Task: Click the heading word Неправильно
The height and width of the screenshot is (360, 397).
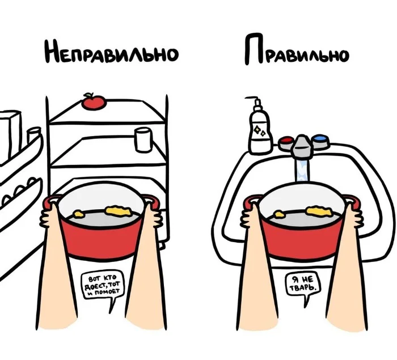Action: [112, 52]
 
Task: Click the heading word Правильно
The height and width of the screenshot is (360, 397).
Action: [297, 50]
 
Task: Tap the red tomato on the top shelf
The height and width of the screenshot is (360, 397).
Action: [94, 101]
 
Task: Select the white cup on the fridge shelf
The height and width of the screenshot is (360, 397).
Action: [143, 139]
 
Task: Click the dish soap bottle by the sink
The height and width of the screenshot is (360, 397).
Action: [260, 130]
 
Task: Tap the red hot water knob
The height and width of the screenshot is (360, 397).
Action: [286, 143]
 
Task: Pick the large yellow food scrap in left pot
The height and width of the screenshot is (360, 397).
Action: [118, 211]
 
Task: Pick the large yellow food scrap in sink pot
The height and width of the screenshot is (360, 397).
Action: [319, 211]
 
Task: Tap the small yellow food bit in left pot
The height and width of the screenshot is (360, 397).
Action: [78, 214]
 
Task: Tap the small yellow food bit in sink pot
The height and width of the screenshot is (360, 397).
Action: [279, 214]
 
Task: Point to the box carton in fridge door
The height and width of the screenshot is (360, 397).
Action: [10, 136]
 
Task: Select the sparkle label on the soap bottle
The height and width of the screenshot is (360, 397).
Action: [260, 131]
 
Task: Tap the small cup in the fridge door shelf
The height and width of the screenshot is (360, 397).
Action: [33, 135]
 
